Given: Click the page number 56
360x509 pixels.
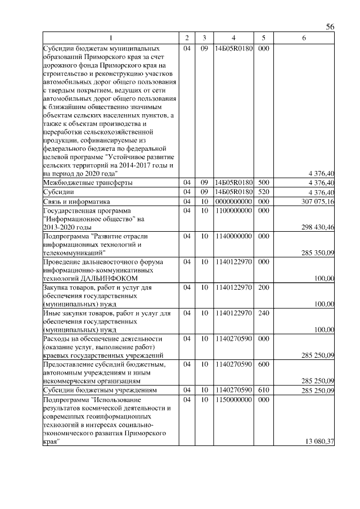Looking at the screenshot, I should coord(330,27).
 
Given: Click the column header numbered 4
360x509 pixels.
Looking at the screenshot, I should coord(233,38).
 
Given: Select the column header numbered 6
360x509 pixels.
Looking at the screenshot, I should coord(304,38).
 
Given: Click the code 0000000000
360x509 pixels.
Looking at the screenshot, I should coord(233,201).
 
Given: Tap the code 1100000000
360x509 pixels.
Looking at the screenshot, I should coord(233,210).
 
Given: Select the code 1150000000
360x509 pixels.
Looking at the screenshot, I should coord(233,399).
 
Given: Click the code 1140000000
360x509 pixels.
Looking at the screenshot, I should coord(233,236).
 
